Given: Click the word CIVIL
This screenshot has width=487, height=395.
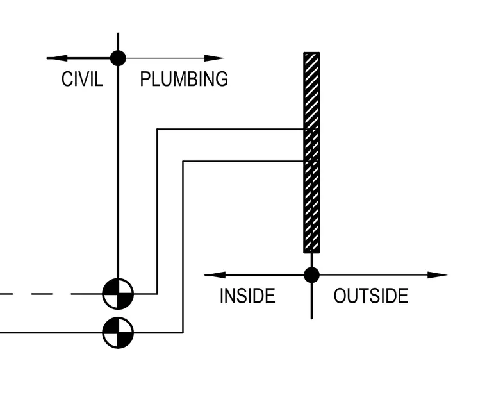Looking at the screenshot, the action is pyautogui.click(x=82, y=79).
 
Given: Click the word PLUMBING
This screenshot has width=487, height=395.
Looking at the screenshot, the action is pyautogui.click(x=184, y=79).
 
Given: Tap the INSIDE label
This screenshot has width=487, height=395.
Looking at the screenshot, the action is pyautogui.click(x=247, y=296).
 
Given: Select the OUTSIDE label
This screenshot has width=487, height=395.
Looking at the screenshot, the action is pyautogui.click(x=371, y=296).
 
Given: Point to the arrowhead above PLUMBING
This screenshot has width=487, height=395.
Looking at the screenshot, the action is pyautogui.click(x=214, y=58).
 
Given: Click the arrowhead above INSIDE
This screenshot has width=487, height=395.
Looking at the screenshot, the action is pyautogui.click(x=215, y=274).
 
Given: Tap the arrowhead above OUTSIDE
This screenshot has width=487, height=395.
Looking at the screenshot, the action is pyautogui.click(x=437, y=274).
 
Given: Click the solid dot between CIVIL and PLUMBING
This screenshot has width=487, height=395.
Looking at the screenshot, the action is pyautogui.click(x=118, y=58).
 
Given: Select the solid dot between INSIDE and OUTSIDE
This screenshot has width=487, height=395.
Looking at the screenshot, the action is pyautogui.click(x=311, y=274).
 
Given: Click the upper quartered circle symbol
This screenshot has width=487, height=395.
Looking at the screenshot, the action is pyautogui.click(x=118, y=294).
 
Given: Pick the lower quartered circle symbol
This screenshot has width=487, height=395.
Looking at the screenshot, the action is pyautogui.click(x=118, y=333).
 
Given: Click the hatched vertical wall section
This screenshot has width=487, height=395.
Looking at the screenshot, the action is pyautogui.click(x=311, y=153).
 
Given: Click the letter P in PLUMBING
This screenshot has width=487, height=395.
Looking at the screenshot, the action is pyautogui.click(x=145, y=79).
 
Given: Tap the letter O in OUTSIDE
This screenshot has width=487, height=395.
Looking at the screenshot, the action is pyautogui.click(x=340, y=296).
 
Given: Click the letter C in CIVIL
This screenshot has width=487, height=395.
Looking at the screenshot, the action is pyautogui.click(x=66, y=79).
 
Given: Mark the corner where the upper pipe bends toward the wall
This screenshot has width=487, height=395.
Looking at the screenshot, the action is pyautogui.click(x=158, y=129).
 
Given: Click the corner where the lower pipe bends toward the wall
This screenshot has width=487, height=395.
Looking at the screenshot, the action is pyautogui.click(x=183, y=162).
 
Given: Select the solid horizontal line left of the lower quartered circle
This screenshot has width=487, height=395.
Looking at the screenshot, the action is pyautogui.click(x=51, y=333).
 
